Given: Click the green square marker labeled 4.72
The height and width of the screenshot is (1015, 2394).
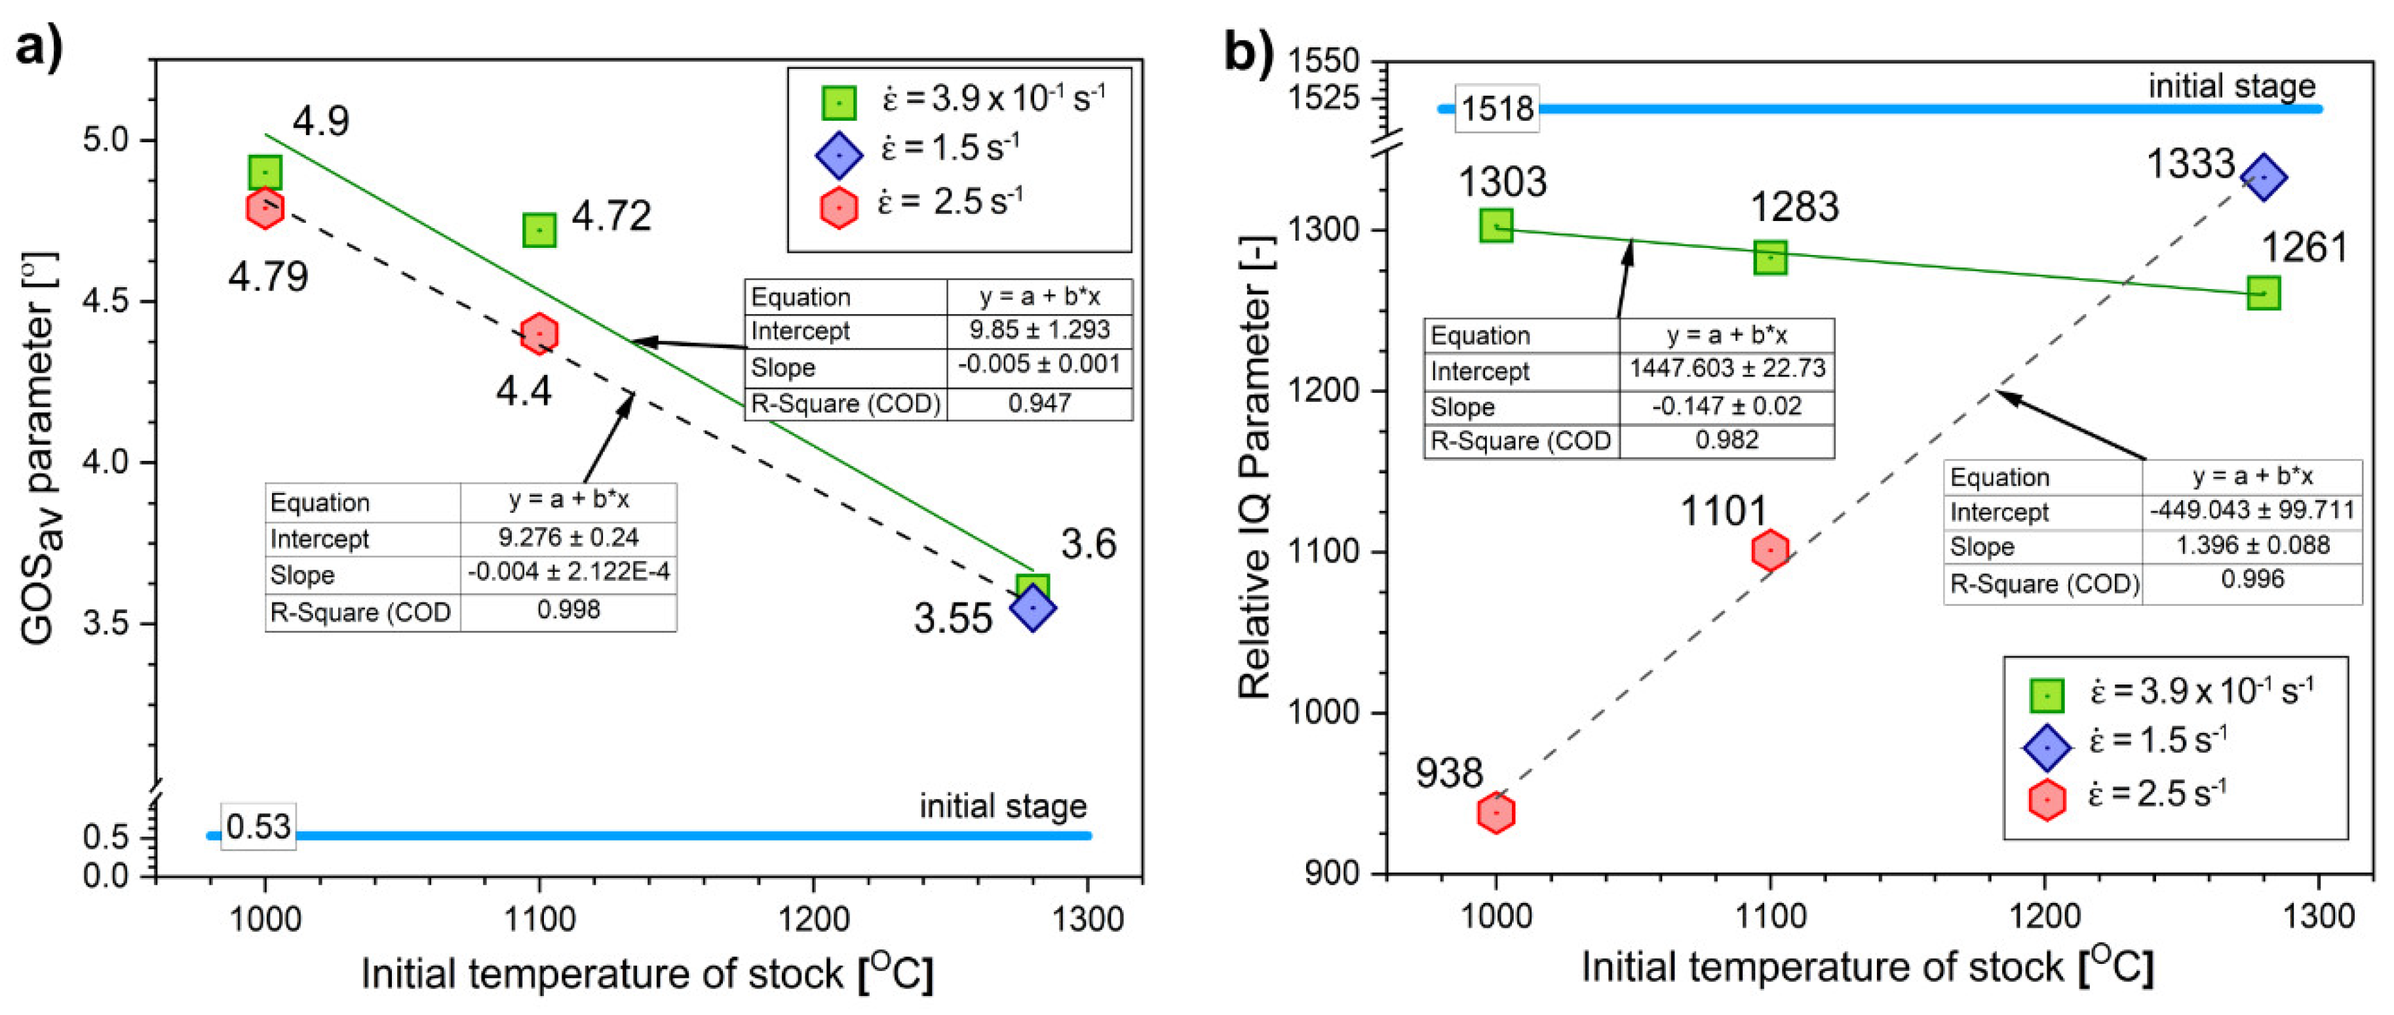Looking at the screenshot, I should tap(539, 229).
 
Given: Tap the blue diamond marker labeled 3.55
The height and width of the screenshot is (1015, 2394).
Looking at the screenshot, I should tap(1032, 607).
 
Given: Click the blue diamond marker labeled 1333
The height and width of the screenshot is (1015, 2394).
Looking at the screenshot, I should tap(2263, 176).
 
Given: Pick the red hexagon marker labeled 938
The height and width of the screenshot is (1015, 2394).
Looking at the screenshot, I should tap(1496, 812).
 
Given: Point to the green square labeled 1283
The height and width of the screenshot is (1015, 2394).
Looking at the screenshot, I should tap(1770, 258).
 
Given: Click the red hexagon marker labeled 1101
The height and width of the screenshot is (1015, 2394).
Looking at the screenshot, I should tap(1770, 550).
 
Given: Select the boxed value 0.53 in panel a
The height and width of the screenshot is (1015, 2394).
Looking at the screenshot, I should tap(258, 826).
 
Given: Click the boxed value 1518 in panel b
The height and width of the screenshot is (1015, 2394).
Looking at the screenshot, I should tap(1496, 109).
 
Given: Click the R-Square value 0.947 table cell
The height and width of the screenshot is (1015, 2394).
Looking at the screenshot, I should tap(1039, 403).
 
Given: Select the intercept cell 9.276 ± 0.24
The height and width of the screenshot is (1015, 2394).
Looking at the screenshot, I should tap(568, 537).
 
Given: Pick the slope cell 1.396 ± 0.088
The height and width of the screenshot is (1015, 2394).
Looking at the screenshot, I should tap(2252, 545).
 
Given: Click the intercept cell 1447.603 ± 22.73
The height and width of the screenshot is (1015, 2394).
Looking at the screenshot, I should tap(1727, 369).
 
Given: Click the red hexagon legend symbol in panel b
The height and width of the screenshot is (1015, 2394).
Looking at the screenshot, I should tap(2047, 799).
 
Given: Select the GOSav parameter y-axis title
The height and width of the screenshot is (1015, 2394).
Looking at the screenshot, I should tap(42, 446).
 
